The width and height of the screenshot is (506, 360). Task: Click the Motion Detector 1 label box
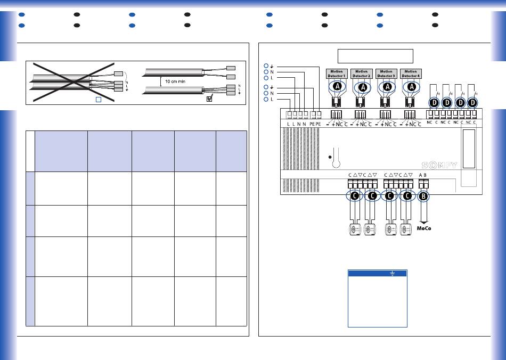pyautogui.click(x=336, y=74)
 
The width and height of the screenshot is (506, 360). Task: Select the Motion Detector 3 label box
pyautogui.click(x=386, y=74)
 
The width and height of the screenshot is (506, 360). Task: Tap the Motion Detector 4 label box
pyautogui.click(x=411, y=74)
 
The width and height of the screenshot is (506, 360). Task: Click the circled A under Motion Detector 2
pyautogui.click(x=363, y=87)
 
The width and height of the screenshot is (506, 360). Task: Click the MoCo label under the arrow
pyautogui.click(x=424, y=229)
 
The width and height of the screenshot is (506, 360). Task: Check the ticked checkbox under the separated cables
pyautogui.click(x=209, y=99)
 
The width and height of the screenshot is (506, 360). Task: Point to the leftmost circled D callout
pyautogui.click(x=434, y=102)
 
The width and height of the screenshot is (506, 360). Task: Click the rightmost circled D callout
pyautogui.click(x=471, y=102)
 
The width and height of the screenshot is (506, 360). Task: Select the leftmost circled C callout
pyautogui.click(x=355, y=196)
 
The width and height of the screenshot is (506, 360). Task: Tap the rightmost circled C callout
pyautogui.click(x=407, y=196)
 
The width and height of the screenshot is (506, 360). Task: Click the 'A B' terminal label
pyautogui.click(x=423, y=175)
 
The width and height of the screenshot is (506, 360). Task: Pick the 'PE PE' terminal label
pyautogui.click(x=315, y=124)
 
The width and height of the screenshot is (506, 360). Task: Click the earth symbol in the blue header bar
pyautogui.click(x=391, y=273)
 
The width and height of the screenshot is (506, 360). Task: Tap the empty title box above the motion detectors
pyautogui.click(x=376, y=56)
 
